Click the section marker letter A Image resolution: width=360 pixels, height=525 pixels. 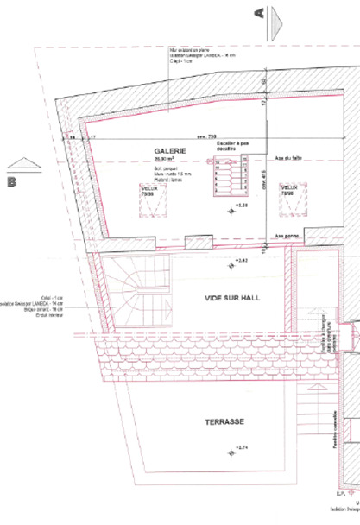click(257, 13)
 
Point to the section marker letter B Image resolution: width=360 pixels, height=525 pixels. click(12, 181)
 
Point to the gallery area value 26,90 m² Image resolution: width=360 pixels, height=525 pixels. click(163, 160)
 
